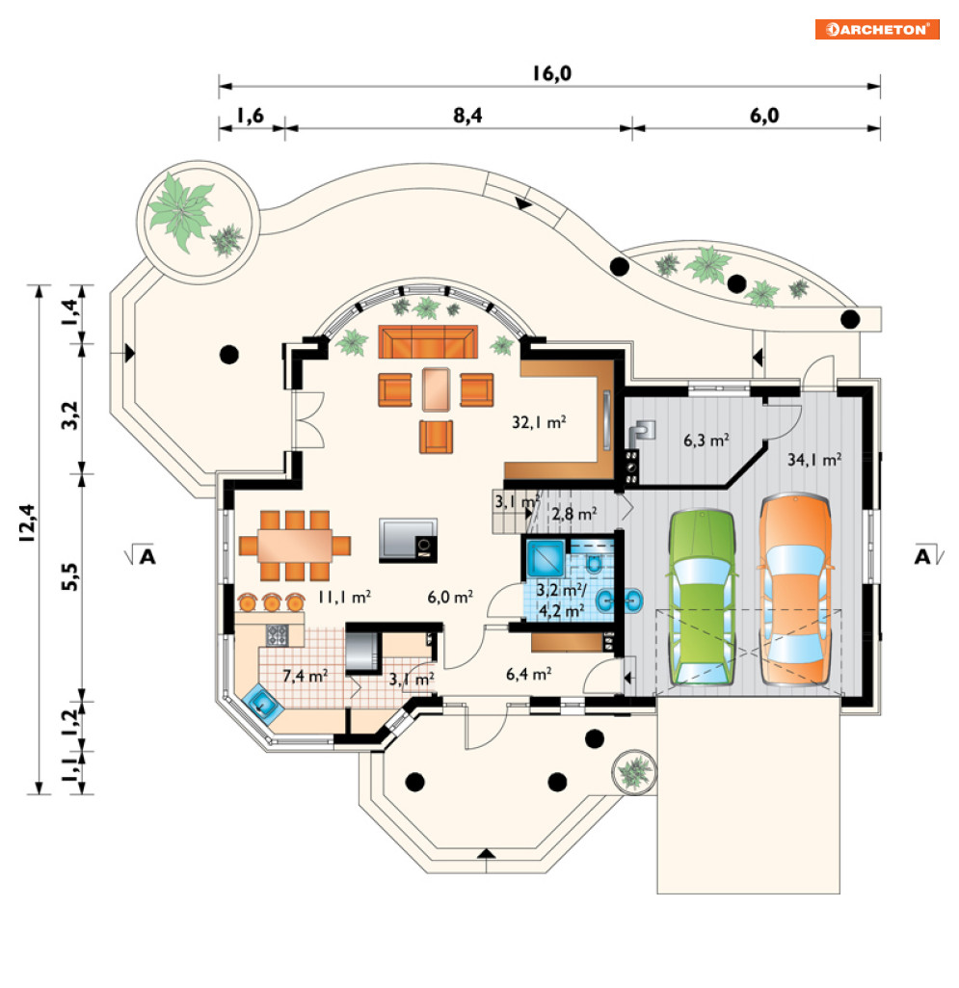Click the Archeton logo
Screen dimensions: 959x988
tap(876, 29)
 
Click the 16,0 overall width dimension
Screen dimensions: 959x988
tap(551, 73)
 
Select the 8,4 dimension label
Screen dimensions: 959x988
tap(467, 116)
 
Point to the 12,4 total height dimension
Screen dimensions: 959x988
tap(26, 523)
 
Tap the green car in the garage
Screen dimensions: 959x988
tap(702, 598)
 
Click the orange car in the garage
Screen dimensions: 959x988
tap(795, 589)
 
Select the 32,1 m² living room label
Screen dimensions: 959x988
tap(539, 421)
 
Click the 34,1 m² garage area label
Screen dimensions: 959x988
tap(814, 460)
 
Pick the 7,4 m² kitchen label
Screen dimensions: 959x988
tap(305, 676)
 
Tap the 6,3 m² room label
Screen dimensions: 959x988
tap(706, 440)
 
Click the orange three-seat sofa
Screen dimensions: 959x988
tap(428, 341)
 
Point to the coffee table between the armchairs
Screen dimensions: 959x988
tap(436, 389)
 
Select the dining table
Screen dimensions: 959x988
tap(294, 546)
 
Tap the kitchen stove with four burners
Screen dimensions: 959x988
tap(277, 634)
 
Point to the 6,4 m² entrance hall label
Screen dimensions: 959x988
tap(528, 674)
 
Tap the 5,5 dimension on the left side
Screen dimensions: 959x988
tap(71, 576)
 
